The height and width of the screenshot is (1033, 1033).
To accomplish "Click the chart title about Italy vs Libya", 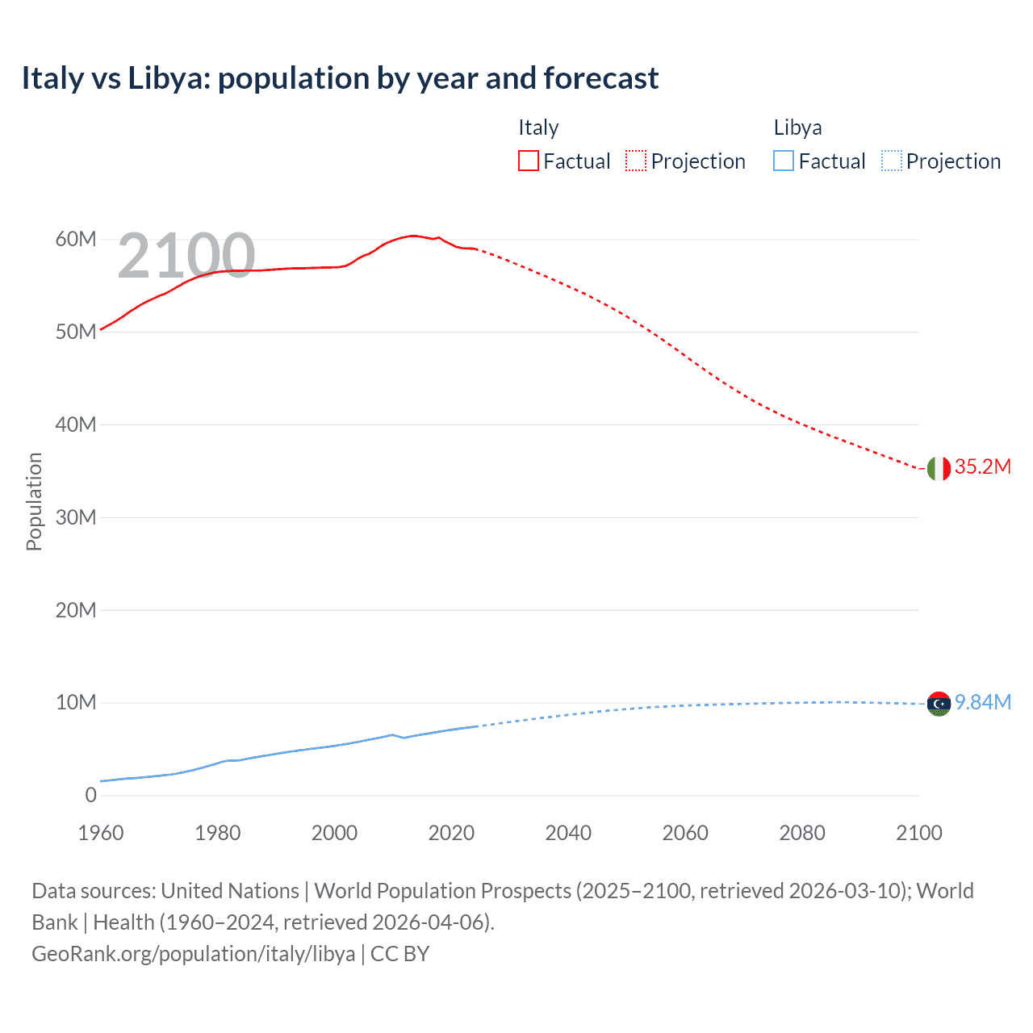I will click(x=340, y=78).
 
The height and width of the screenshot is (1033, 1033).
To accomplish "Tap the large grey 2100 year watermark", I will click(x=186, y=256).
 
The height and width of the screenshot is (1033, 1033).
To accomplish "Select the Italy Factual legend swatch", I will click(x=529, y=161).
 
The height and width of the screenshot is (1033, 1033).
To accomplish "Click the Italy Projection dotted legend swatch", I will click(x=636, y=161).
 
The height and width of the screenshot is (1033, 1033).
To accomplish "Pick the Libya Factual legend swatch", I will click(x=784, y=161).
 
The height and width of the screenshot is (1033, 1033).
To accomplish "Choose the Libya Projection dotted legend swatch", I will click(x=891, y=161).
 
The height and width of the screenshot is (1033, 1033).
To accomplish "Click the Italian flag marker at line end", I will click(x=939, y=468).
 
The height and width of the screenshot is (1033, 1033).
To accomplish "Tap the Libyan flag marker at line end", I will click(x=939, y=704).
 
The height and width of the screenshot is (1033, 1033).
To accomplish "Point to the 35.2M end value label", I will click(x=982, y=467).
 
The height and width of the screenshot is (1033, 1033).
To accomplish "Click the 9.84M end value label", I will click(x=982, y=703).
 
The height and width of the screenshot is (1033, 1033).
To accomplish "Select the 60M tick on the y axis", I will click(x=76, y=240).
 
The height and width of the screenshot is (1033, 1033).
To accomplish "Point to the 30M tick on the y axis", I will click(x=76, y=517).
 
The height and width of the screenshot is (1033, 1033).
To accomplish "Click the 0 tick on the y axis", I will click(x=90, y=796).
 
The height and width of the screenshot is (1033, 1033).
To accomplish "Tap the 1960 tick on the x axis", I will click(x=101, y=834).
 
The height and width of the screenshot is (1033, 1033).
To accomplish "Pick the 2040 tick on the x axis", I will click(x=568, y=834).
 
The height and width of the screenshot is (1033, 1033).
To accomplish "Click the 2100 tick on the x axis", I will click(x=918, y=834).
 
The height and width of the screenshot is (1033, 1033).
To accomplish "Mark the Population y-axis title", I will click(x=34, y=501).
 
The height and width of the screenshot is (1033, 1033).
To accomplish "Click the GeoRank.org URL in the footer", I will click(x=194, y=954).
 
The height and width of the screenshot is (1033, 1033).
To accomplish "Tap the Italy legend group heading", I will click(x=538, y=128).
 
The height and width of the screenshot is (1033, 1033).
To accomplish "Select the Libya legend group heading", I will click(x=797, y=128).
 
